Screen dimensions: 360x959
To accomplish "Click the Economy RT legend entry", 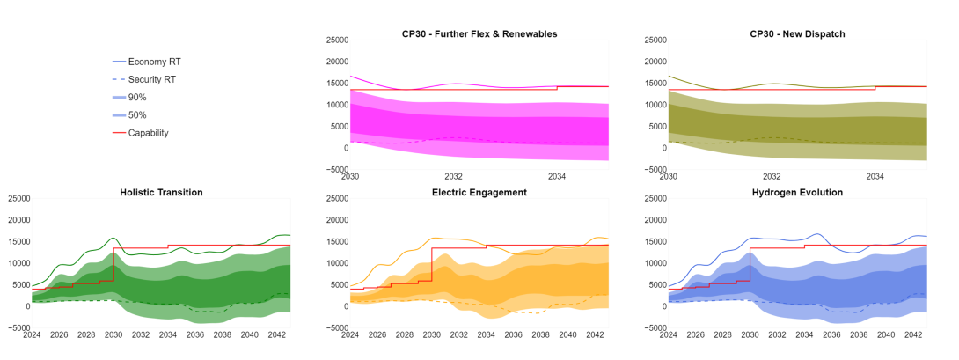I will coord(154,62).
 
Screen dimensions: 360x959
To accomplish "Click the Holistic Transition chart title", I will coord(161,192).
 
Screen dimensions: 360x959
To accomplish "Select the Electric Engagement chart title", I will coord(479,192).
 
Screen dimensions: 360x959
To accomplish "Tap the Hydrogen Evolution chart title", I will coord(797,192).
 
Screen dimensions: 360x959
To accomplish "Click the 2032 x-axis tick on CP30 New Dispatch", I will coord(772,176).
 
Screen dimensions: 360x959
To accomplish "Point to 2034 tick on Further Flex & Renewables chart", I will coord(557,176).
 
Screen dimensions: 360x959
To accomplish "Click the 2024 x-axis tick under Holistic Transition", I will coord(32,334).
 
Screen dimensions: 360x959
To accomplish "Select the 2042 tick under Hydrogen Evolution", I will coord(913,334).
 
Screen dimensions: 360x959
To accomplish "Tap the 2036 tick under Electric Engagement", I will coord(513,334).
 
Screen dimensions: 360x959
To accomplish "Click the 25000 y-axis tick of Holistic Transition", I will coord(17,199).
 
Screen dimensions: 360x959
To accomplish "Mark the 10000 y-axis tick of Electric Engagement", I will coord(335,263).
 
